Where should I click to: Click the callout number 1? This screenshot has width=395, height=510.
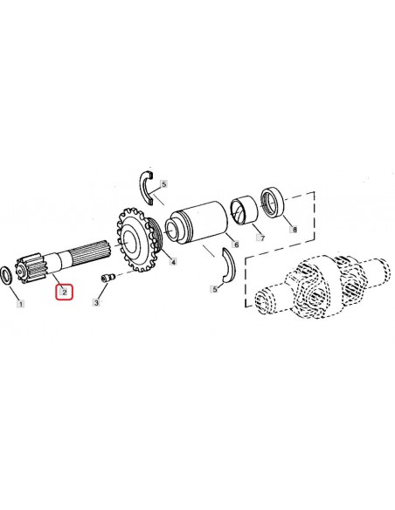click(x=21, y=305)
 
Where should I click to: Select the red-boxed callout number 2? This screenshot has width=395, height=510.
click(x=65, y=293)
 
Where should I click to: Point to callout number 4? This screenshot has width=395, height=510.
click(x=173, y=262)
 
